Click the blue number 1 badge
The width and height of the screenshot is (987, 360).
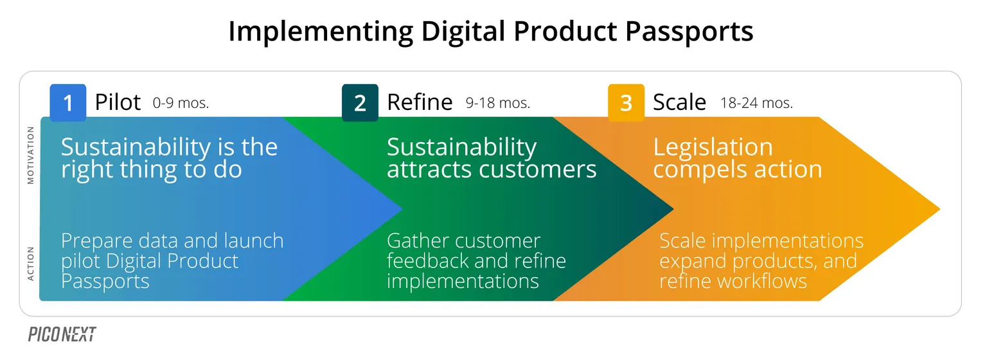pyautogui.click(x=68, y=103)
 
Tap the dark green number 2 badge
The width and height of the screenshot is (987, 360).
pyautogui.click(x=360, y=103)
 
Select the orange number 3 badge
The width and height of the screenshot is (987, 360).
pyautogui.click(x=626, y=103)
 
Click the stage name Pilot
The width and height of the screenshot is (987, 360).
pyautogui.click(x=118, y=102)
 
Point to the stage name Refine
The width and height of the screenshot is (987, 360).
pyautogui.click(x=420, y=102)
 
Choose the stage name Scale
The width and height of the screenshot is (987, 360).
pyautogui.click(x=679, y=102)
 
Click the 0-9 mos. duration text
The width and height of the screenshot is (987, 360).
pyautogui.click(x=181, y=103)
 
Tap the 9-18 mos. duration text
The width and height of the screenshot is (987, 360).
pyautogui.click(x=498, y=103)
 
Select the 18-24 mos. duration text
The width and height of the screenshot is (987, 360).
pyautogui.click(x=756, y=103)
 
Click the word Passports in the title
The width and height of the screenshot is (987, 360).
pyautogui.click(x=689, y=32)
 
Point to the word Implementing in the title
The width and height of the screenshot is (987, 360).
pyautogui.click(x=321, y=32)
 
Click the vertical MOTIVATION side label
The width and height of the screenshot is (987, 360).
pyautogui.click(x=30, y=155)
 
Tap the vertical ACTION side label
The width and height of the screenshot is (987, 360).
pyautogui.click(x=30, y=264)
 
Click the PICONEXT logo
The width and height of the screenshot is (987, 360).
pyautogui.click(x=62, y=334)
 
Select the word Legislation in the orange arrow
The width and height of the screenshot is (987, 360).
pyautogui.click(x=713, y=147)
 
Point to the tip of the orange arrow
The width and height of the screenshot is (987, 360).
pyautogui.click(x=940, y=209)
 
